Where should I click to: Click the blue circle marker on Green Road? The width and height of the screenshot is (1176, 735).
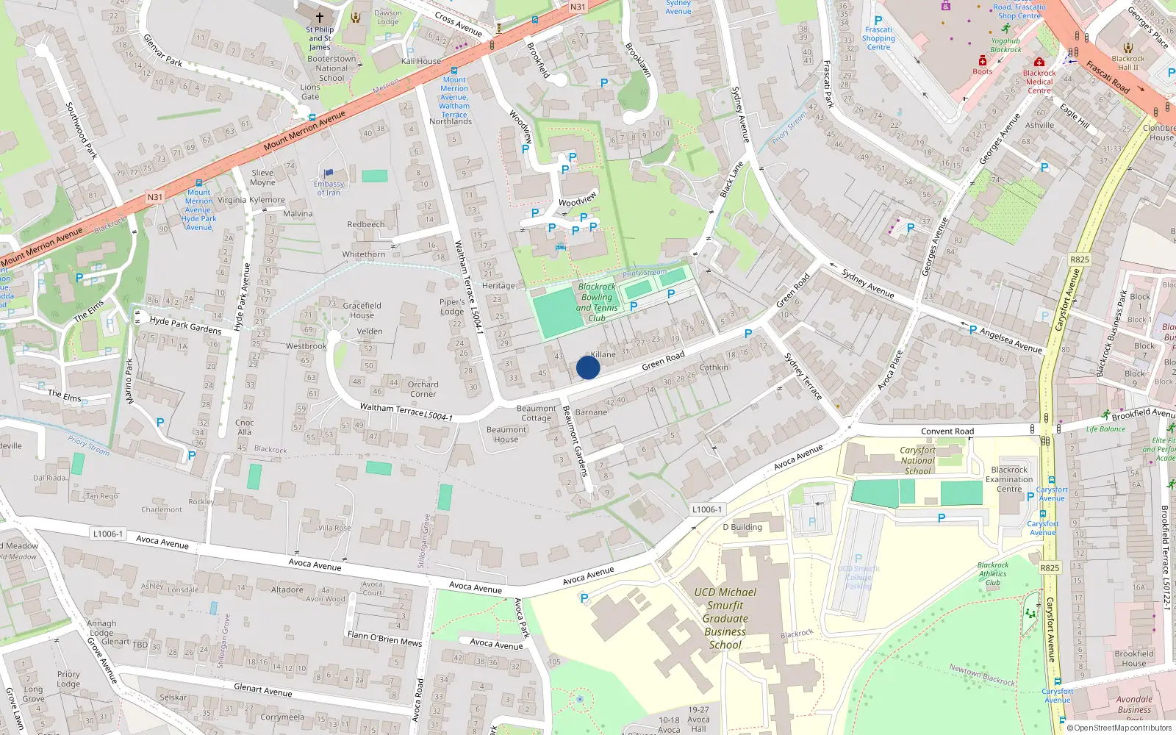tap(588, 367)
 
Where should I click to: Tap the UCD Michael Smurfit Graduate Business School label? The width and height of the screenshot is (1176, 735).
tap(725, 618)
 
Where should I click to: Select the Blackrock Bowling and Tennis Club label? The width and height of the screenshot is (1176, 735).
tap(597, 302)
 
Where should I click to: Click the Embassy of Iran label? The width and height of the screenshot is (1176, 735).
tap(329, 188)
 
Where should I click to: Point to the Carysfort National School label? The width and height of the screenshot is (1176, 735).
tap(918, 461)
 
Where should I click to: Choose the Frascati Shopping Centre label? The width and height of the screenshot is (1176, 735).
tap(878, 38)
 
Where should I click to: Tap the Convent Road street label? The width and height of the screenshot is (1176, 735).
tap(947, 431)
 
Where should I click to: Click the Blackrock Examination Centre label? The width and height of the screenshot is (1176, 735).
tap(1009, 479)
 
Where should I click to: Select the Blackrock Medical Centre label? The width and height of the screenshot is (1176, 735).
tap(1039, 82)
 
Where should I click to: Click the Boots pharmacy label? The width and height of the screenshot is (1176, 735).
tap(983, 71)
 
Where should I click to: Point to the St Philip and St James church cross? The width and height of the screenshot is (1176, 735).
tap(320, 17)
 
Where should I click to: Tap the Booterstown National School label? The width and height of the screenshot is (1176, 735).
tap(331, 68)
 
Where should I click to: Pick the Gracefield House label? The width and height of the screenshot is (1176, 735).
tap(362, 310)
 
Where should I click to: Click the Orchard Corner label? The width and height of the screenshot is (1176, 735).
tap(423, 389)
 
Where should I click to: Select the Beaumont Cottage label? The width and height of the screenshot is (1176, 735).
tap(537, 413)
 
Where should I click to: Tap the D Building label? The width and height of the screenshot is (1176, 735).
tap(742, 527)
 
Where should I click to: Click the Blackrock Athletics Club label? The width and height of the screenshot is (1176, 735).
tap(993, 574)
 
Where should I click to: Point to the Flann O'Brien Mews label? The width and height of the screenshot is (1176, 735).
tap(384, 638)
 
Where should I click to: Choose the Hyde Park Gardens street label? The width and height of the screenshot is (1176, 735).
tap(185, 325)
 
